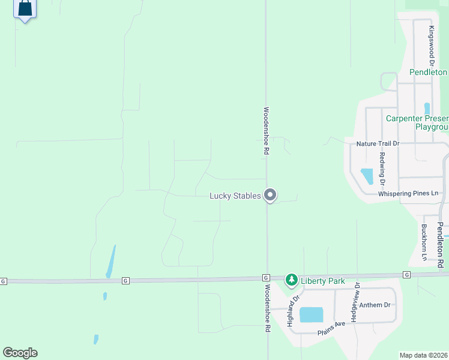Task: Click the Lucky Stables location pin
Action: (x=270, y=195)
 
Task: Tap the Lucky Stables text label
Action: (x=235, y=196)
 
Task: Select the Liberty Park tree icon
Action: (x=292, y=280)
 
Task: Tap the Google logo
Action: (x=20, y=353)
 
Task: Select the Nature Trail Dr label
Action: (x=378, y=144)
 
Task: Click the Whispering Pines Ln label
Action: (x=409, y=194)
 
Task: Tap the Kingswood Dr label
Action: (x=431, y=46)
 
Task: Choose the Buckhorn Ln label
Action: (x=424, y=242)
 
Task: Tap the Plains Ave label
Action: (x=331, y=324)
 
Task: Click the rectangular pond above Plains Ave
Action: (x=311, y=314)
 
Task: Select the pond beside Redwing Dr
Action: (x=366, y=176)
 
